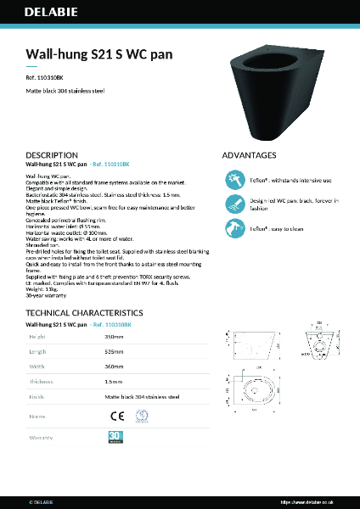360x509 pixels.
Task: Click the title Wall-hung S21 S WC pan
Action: click(x=99, y=53)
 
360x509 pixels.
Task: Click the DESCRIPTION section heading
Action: click(x=53, y=156)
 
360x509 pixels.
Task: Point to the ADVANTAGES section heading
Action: click(x=249, y=156)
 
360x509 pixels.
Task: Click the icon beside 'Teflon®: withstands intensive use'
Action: click(x=234, y=181)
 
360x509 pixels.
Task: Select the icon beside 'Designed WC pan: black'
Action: click(x=234, y=204)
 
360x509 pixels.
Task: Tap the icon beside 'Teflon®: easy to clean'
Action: click(x=234, y=227)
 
